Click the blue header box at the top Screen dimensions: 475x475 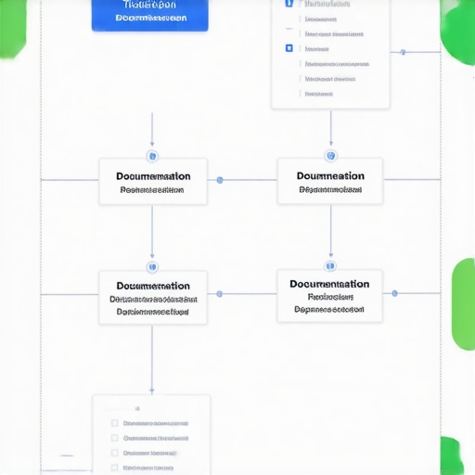[150, 15]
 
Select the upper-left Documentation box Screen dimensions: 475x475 [153, 182]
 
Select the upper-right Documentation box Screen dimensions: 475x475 [330, 181]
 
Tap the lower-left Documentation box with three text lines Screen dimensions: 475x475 [153, 298]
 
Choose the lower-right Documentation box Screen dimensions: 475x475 [329, 296]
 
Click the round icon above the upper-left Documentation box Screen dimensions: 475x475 [152, 156]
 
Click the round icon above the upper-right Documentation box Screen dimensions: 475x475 [331, 155]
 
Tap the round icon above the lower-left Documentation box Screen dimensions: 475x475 [152, 267]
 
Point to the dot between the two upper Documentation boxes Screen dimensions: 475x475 [220, 180]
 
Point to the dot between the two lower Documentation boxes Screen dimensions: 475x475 [220, 294]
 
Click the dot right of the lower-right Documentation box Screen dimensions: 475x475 [394, 293]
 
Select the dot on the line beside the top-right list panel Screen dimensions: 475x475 [403, 52]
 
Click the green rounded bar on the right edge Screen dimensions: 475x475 [463, 304]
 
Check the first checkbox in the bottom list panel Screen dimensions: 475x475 [115, 423]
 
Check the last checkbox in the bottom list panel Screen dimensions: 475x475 [115, 468]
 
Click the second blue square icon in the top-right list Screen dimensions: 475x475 [289, 48]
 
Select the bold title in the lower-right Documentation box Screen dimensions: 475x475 [329, 284]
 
